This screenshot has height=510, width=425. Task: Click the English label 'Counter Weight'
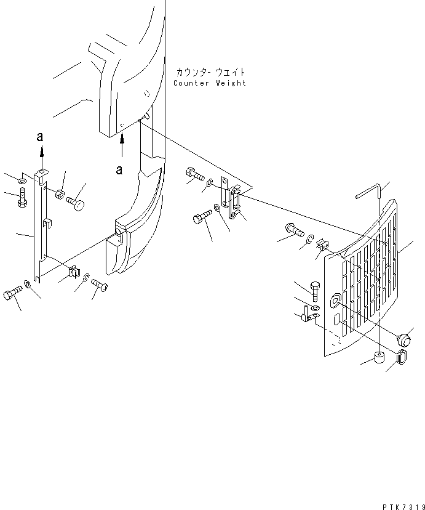click(209, 83)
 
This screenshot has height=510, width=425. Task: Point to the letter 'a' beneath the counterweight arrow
click(119, 168)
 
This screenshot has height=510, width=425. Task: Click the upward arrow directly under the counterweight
click(122, 147)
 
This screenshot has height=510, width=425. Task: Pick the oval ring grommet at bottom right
click(400, 357)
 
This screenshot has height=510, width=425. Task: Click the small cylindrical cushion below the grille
click(379, 358)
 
